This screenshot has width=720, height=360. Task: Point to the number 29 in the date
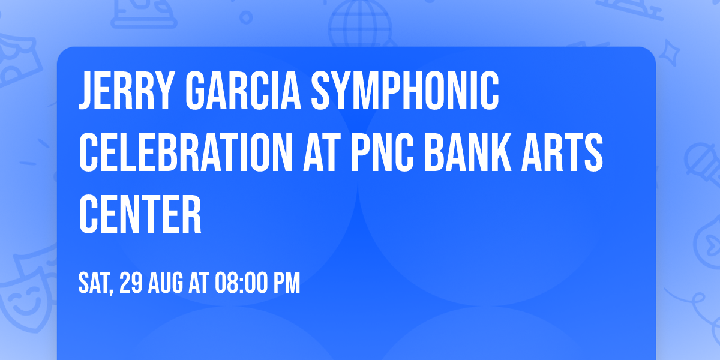(x=131, y=283)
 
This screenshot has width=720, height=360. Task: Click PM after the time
(x=287, y=283)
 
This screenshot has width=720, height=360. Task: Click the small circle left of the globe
(x=247, y=17)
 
